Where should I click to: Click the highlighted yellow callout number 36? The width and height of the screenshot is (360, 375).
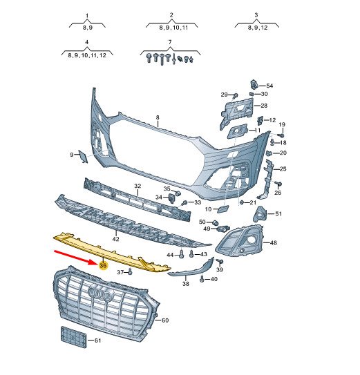(103, 265)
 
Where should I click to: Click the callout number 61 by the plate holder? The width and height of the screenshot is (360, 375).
(97, 341)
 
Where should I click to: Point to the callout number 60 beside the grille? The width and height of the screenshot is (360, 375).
(165, 320)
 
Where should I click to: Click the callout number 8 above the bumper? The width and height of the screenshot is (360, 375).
(158, 118)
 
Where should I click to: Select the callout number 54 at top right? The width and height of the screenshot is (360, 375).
(269, 85)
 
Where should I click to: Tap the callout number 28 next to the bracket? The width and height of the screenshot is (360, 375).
(263, 106)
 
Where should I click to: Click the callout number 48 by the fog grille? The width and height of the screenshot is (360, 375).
(273, 243)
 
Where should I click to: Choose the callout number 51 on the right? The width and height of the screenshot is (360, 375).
(278, 214)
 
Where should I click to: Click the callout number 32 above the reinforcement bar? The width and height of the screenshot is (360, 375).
(138, 186)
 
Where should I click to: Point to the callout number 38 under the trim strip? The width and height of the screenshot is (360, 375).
(186, 284)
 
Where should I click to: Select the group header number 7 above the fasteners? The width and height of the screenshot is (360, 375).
(170, 43)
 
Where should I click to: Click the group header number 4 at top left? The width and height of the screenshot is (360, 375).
(87, 43)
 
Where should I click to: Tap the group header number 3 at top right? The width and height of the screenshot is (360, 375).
(256, 15)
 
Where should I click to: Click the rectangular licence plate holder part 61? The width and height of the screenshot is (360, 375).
(73, 338)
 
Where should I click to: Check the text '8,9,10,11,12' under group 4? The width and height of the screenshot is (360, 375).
(87, 54)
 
